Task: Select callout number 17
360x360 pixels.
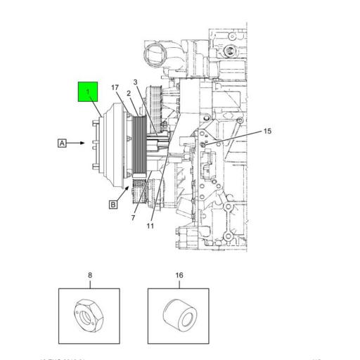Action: (x=115, y=87)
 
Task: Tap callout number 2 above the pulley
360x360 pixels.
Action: (x=129, y=92)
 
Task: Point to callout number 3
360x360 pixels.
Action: (x=134, y=82)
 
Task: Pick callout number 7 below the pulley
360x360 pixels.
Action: (x=133, y=217)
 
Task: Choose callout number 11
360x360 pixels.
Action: (x=149, y=226)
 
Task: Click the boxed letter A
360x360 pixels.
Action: (x=62, y=143)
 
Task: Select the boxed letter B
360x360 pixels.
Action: (x=112, y=205)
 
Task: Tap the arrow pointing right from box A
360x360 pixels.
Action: (x=81, y=143)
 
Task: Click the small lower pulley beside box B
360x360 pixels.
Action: (x=141, y=193)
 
